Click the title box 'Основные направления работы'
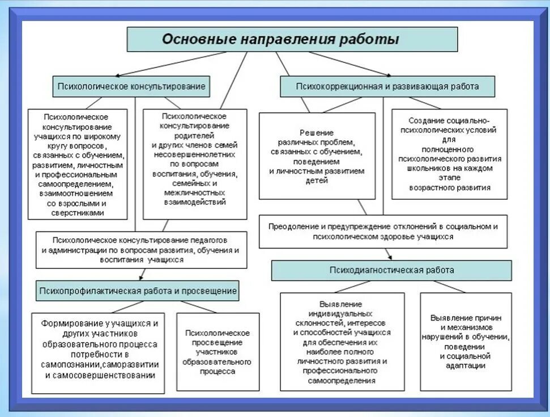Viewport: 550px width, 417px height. point(292,40)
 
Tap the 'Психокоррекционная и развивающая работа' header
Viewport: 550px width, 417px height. point(387,87)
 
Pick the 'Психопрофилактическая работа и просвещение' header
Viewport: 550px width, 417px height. point(138,290)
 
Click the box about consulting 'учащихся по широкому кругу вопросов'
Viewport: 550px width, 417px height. point(78,164)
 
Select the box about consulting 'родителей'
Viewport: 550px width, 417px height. point(195,164)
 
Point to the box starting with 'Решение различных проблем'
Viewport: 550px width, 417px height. point(317,156)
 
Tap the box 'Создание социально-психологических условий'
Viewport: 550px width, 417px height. point(449,154)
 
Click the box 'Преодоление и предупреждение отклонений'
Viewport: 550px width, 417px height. point(383,231)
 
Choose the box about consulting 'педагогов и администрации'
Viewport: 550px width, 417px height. point(141,250)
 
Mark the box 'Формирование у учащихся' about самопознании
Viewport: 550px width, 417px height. point(98,353)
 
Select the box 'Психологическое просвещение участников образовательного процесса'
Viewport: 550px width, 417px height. point(218,352)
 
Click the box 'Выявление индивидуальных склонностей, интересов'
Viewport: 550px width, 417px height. point(342,342)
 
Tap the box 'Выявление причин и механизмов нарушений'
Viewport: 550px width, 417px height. point(466,342)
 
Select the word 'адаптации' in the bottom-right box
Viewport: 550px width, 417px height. point(466,366)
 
